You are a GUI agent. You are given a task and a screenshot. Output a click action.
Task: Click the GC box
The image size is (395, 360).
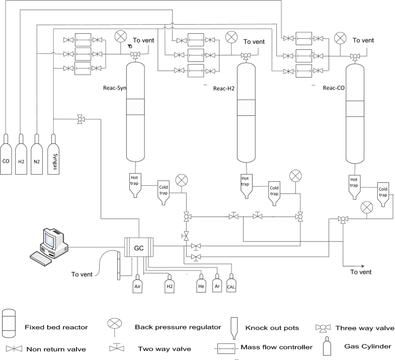[x=139, y=248]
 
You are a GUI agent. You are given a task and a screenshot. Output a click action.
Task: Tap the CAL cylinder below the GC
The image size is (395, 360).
[x=231, y=284]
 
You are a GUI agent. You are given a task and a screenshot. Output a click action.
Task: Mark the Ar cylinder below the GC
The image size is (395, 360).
[x=217, y=284]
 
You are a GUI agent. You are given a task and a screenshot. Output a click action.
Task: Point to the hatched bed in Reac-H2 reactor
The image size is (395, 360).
[x=245, y=108]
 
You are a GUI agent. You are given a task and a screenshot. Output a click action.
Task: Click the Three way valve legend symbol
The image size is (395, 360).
[x=322, y=328]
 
